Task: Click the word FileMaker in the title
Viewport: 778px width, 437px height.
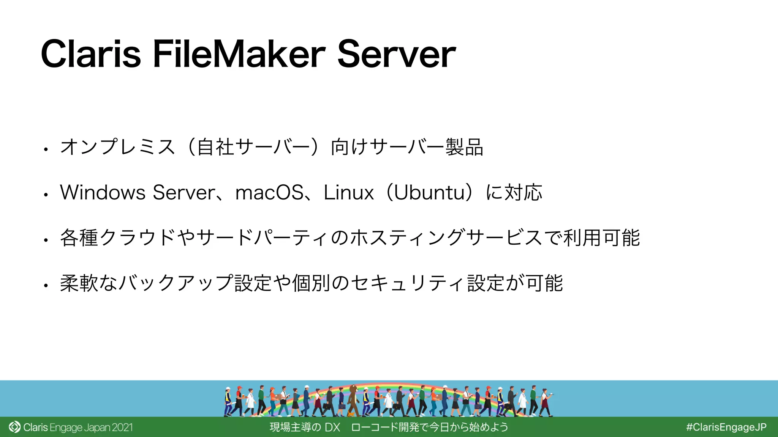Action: click(x=239, y=54)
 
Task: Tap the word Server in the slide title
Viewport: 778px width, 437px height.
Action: click(x=396, y=54)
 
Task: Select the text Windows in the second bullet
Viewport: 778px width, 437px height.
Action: click(x=103, y=192)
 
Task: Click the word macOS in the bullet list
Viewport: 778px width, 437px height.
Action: click(x=269, y=192)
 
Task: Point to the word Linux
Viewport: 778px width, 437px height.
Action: click(x=348, y=192)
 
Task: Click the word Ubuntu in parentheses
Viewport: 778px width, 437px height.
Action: click(x=429, y=192)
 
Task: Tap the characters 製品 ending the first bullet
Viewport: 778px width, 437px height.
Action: click(x=464, y=147)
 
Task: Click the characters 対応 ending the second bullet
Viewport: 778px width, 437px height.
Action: click(x=523, y=192)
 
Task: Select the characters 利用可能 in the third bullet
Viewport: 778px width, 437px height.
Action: click(x=602, y=238)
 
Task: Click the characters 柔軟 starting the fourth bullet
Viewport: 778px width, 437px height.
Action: click(x=79, y=283)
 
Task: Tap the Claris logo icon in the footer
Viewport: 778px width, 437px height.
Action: click(x=14, y=427)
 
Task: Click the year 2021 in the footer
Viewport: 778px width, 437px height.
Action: click(x=122, y=428)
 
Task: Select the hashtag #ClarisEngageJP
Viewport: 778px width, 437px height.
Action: click(x=726, y=427)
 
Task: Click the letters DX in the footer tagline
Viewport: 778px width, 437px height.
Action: click(x=332, y=428)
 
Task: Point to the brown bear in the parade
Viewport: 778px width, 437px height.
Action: click(x=353, y=398)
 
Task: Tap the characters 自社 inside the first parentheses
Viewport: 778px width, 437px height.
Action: click(x=215, y=147)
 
